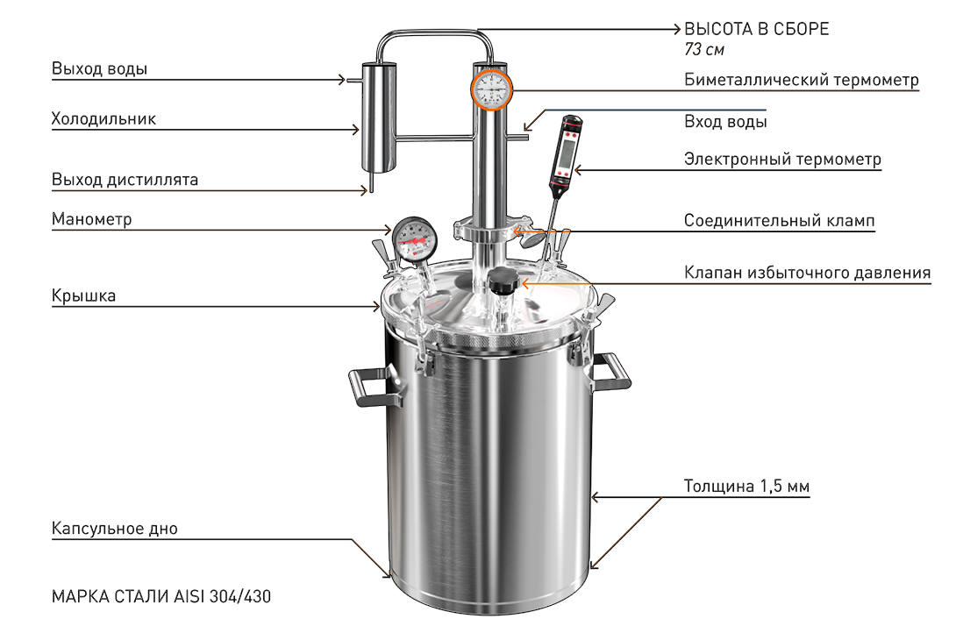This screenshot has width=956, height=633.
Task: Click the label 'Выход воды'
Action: tap(99, 68)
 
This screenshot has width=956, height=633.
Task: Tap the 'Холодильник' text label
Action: tap(103, 118)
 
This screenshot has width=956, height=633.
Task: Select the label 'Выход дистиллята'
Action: tap(125, 180)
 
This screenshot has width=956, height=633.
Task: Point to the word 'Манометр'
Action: tap(91, 218)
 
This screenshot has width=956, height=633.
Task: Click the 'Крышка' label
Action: tap(83, 296)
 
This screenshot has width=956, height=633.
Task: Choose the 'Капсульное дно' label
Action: tap(115, 528)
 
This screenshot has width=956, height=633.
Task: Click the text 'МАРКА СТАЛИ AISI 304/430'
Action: tap(161, 596)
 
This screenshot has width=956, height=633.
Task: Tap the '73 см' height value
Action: tap(704, 49)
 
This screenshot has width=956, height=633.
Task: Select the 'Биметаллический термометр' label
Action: tap(801, 80)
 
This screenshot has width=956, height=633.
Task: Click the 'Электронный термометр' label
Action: tap(783, 159)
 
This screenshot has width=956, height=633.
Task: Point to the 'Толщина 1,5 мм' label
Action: tap(747, 487)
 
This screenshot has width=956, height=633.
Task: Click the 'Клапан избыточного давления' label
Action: tap(807, 273)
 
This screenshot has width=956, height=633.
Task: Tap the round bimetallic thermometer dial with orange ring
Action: tap(491, 90)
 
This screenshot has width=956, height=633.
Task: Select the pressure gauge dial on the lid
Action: tap(415, 238)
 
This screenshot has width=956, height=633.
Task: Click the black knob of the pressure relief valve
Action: tap(503, 281)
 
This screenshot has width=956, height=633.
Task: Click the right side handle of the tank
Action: tap(609, 371)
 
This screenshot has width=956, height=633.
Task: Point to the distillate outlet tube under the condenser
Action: tap(370, 182)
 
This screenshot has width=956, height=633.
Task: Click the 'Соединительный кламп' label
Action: tap(779, 221)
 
